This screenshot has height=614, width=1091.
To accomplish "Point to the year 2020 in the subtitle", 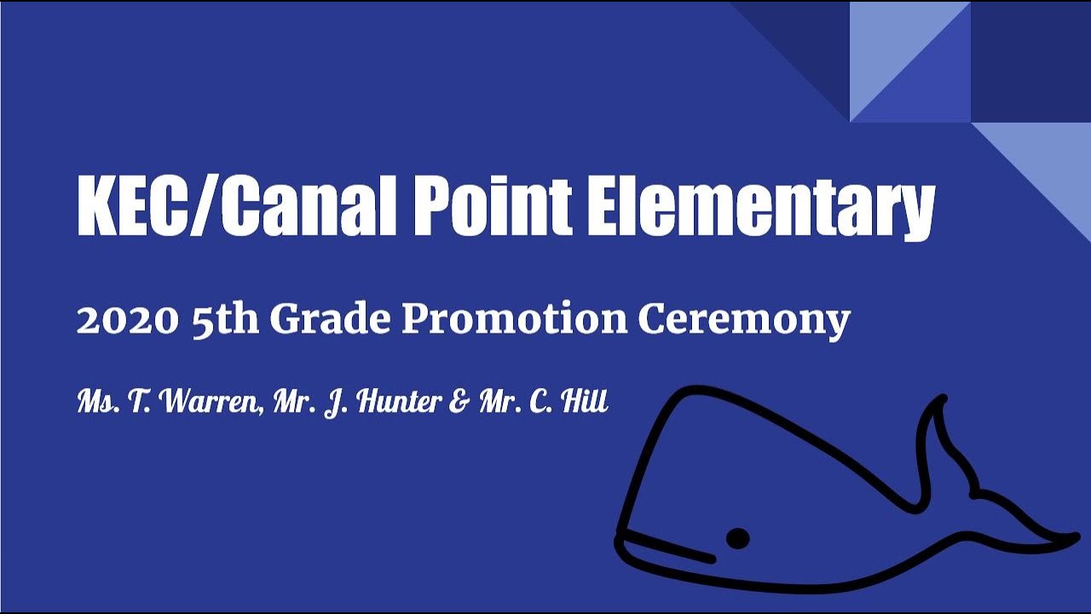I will tap(127, 320).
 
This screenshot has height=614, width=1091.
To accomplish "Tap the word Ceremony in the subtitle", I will tap(743, 321).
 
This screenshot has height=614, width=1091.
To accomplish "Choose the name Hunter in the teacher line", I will tap(391, 401).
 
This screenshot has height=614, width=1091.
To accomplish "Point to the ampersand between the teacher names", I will tap(459, 401).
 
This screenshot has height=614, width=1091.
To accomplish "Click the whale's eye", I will tap(737, 538).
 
